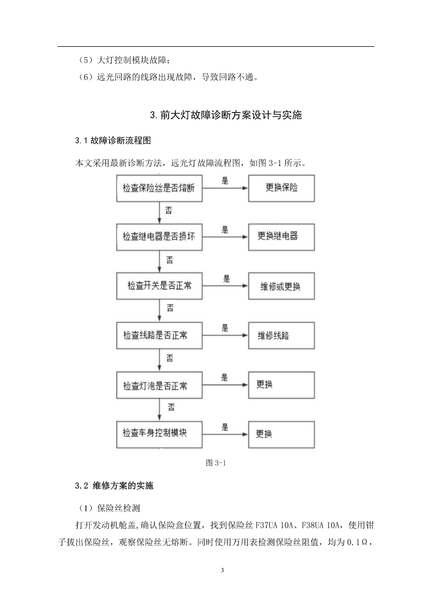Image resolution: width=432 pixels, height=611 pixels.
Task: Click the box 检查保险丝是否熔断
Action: [159, 188]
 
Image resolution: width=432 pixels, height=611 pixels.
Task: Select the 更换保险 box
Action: [281, 188]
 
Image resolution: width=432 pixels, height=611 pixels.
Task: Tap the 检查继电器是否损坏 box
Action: [159, 237]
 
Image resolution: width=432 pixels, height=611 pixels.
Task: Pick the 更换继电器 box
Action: [281, 237]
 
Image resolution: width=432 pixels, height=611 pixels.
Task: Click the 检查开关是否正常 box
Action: [159, 286]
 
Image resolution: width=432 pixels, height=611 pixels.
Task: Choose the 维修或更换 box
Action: [281, 286]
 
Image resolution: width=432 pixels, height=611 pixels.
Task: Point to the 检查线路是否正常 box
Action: [159, 336]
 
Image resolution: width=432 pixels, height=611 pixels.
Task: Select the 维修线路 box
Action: [281, 336]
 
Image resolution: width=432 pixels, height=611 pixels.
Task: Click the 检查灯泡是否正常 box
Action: [159, 385]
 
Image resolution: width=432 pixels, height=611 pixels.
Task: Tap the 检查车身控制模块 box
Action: [159, 435]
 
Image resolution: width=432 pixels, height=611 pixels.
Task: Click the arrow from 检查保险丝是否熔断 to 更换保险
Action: [225, 188]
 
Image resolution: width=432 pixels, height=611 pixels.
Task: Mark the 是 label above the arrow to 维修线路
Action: [225, 328]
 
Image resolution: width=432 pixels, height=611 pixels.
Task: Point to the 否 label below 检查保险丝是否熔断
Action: [169, 211]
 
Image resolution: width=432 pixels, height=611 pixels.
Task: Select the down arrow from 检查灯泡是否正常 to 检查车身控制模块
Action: [159, 410]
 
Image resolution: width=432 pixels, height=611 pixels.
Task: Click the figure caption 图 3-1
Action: [216, 463]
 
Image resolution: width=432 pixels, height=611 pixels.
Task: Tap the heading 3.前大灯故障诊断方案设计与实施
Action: [226, 115]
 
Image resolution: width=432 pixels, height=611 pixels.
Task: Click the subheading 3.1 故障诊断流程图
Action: [113, 141]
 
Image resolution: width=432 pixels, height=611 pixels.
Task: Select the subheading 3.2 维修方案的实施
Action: [114, 485]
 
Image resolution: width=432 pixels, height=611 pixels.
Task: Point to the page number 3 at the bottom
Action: [223, 571]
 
